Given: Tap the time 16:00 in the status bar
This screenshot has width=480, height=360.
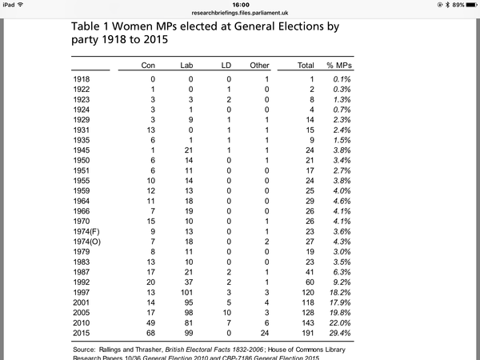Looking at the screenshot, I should pos(240,4).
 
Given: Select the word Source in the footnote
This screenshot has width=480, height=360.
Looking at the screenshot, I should pos(86,349).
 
